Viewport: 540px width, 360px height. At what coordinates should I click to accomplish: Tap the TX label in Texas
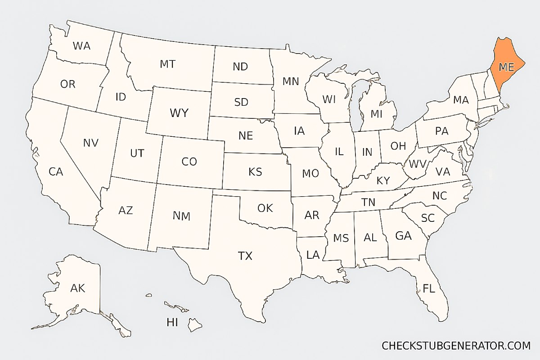(245, 256)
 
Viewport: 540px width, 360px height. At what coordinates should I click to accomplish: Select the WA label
(81, 46)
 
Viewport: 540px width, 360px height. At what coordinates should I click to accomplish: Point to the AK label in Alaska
(77, 288)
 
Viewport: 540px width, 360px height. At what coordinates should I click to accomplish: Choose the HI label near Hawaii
(172, 322)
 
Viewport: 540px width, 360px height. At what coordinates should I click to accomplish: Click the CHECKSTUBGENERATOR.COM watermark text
(456, 346)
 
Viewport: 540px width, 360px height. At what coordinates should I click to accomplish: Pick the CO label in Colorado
(189, 162)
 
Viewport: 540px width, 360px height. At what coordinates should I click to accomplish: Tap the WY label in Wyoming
(179, 113)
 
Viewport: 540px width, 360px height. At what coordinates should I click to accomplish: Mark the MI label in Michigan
(377, 114)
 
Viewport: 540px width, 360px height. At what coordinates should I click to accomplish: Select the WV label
(418, 162)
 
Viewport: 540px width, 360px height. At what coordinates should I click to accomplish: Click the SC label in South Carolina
(427, 218)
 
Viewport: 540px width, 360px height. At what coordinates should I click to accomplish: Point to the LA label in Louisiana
(313, 255)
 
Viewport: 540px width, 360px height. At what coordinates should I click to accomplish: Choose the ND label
(240, 67)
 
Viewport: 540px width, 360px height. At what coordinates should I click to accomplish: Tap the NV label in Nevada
(90, 143)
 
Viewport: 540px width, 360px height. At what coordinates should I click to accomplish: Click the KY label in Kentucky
(383, 181)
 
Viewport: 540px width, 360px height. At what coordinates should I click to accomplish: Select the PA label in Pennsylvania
(442, 131)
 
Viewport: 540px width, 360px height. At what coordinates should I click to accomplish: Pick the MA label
(461, 100)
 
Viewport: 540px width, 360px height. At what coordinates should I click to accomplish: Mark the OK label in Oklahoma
(265, 208)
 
